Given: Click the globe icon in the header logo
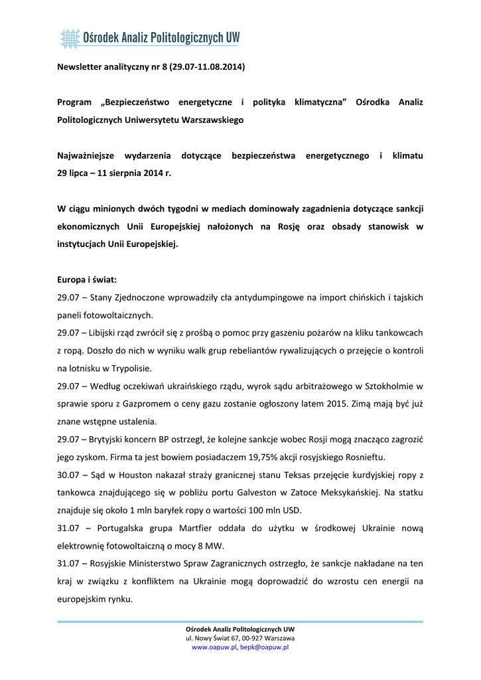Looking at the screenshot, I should [x=69, y=39].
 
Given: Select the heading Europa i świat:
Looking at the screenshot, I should [x=87, y=280].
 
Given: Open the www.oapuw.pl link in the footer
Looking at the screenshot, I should [x=214, y=647].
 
